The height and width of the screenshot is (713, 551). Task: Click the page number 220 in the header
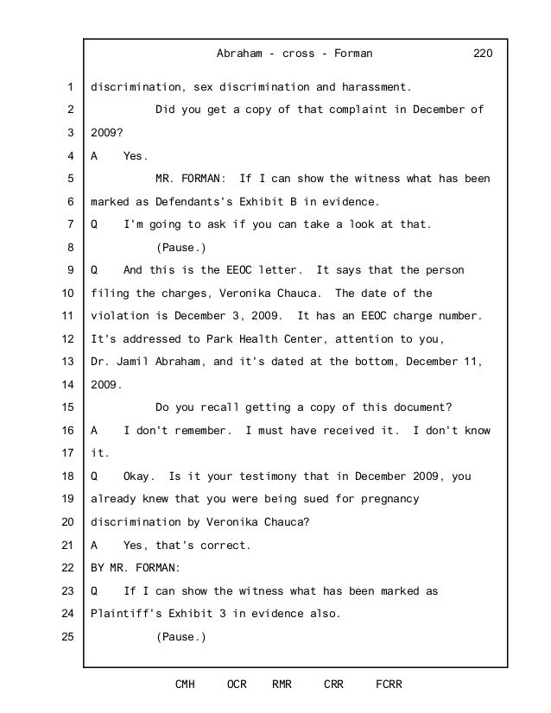pos(482,54)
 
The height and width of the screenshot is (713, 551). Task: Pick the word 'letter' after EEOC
pos(283,270)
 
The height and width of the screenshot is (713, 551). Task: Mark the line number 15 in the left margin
pos(67,407)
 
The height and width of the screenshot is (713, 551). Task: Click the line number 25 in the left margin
pos(67,636)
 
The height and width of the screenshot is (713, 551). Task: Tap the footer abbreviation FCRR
pos(389,685)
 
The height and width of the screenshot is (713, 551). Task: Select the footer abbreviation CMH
pos(186,685)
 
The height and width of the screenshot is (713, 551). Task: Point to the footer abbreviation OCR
pos(236,685)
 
